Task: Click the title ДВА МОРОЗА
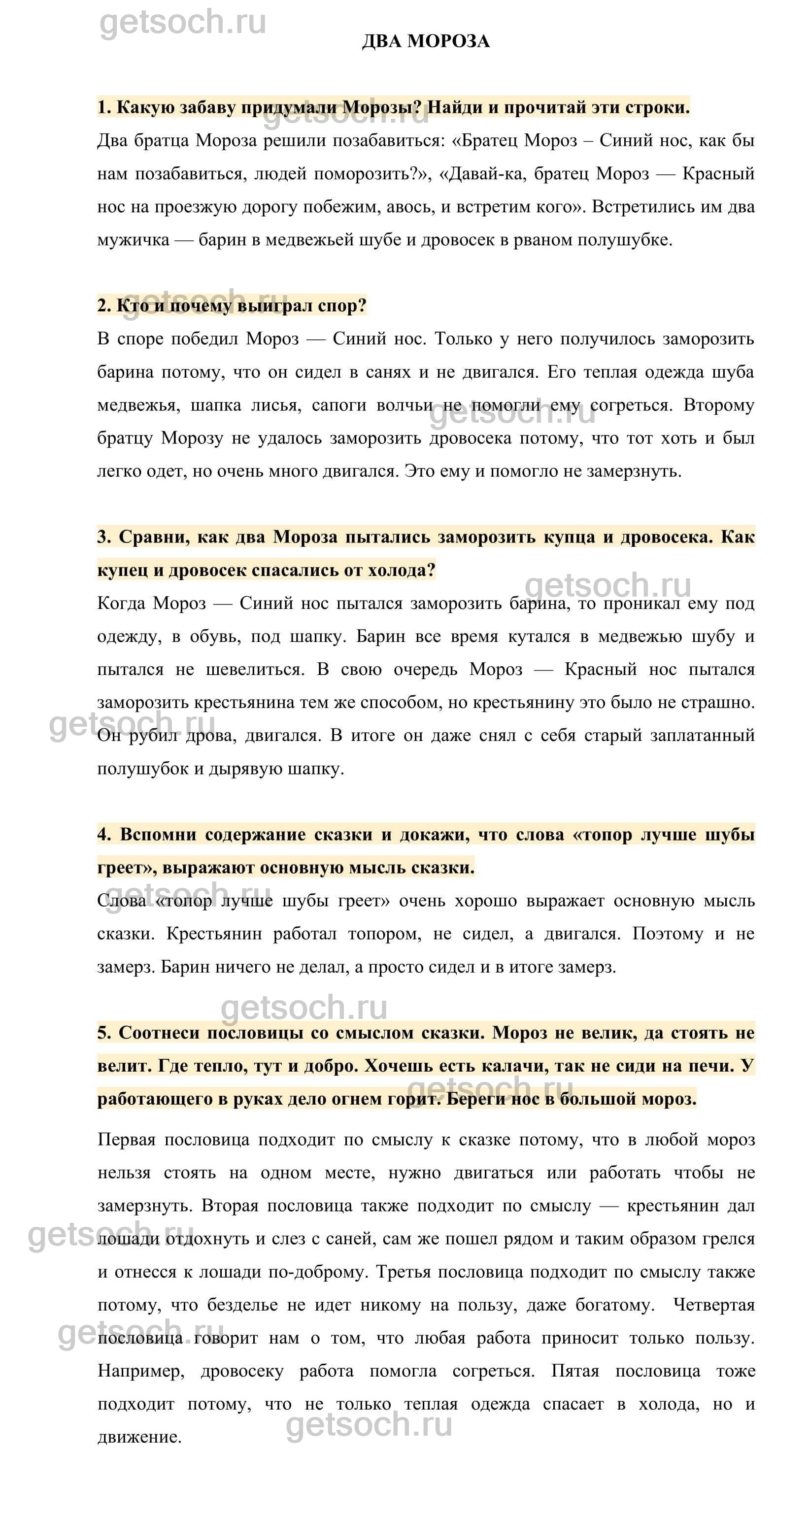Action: [x=425, y=41]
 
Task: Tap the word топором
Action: [x=384, y=934]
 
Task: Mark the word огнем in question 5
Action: [x=362, y=1099]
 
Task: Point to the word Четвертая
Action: [x=713, y=1306]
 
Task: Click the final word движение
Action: [x=139, y=1437]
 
